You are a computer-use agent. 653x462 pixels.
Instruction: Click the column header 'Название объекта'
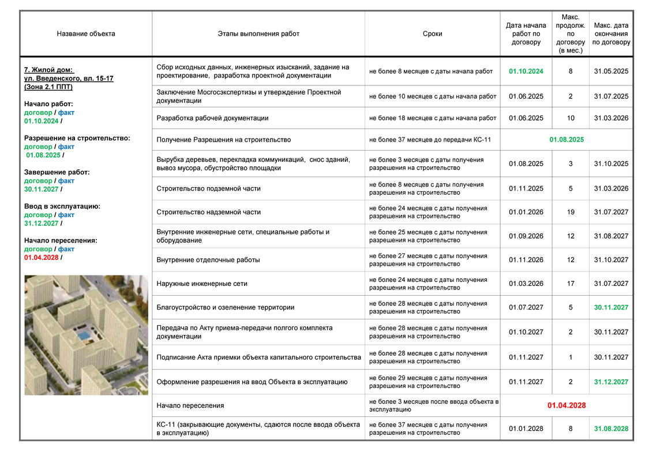tap(86, 33)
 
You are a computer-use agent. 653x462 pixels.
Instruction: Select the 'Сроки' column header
tap(432, 33)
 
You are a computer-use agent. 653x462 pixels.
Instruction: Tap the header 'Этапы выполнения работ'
tap(258, 33)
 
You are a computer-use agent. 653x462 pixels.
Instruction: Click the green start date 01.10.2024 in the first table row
tap(526, 72)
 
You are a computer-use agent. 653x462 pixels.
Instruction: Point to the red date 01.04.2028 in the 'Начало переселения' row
tap(566, 405)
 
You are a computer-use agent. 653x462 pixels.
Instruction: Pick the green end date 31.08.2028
tap(611, 429)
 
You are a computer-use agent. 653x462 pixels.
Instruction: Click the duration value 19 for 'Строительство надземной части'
tap(571, 212)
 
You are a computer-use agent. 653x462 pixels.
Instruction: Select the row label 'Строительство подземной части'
tap(209, 188)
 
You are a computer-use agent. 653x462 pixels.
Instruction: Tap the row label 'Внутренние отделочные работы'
tap(208, 260)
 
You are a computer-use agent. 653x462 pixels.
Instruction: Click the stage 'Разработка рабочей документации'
tap(212, 118)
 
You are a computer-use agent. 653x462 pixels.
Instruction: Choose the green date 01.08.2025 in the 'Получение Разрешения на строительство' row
tap(566, 140)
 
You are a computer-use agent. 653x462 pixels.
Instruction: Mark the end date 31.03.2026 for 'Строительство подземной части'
tap(611, 188)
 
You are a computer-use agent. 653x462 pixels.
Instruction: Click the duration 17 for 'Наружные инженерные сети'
tap(571, 284)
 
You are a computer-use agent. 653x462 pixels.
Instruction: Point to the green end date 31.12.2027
tap(611, 382)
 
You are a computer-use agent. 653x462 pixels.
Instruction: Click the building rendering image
tap(86, 335)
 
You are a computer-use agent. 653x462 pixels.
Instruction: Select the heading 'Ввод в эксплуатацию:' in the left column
tap(62, 206)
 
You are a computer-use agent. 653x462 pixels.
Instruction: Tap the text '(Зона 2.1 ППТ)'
tap(48, 87)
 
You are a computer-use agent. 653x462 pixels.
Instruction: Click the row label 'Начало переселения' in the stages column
tap(190, 405)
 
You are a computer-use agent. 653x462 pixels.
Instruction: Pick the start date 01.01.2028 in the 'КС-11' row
tap(526, 429)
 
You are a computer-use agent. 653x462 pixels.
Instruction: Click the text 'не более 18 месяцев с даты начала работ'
tap(433, 118)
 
